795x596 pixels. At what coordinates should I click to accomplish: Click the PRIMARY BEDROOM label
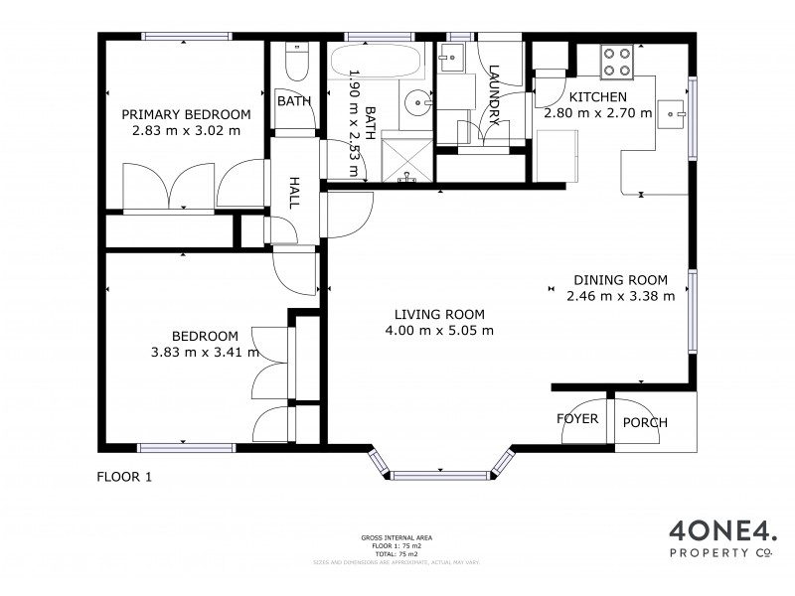coord(186,114)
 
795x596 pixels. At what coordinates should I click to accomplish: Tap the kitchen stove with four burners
coord(617,62)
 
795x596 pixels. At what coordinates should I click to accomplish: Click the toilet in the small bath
coord(294,65)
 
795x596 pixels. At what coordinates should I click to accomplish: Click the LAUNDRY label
coord(494,94)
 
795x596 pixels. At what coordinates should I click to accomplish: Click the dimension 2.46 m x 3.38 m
coord(620,295)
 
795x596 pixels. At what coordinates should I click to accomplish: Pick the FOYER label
coord(577,419)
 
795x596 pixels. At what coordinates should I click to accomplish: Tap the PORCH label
coord(645,423)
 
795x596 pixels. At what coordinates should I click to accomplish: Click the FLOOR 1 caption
coord(124,477)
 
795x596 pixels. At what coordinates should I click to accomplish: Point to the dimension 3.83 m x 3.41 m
coord(205,351)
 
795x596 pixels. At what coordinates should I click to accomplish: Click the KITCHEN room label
coord(597,97)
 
